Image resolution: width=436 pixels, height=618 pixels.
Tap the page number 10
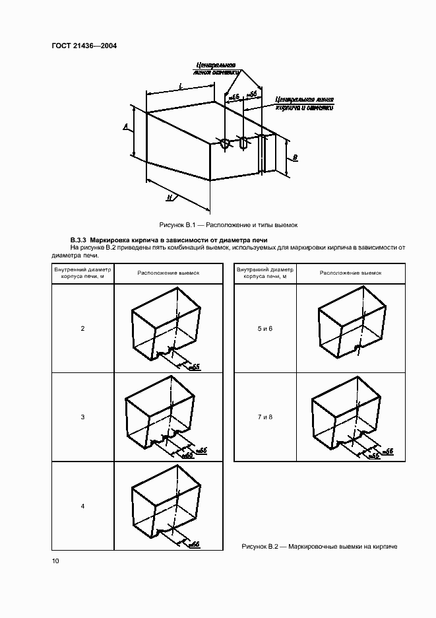click(55, 561)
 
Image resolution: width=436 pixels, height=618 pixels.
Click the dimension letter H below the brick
click(170, 197)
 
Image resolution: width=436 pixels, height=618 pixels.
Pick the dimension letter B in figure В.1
click(295, 158)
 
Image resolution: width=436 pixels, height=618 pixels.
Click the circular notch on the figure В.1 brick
click(225, 143)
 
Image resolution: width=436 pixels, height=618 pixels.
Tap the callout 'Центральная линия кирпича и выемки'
click(304, 102)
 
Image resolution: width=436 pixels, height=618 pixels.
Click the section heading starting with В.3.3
click(168, 240)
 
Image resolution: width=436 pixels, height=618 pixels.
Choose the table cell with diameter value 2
click(82, 328)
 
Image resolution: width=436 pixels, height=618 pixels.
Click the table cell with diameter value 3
click(82, 417)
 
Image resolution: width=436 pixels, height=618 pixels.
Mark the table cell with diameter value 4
click(82, 506)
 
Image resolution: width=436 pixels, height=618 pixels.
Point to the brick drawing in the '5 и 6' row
click(350, 327)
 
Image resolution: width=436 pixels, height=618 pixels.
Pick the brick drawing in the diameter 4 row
click(165, 505)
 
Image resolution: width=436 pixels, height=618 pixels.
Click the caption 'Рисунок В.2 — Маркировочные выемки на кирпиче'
click(320, 546)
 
